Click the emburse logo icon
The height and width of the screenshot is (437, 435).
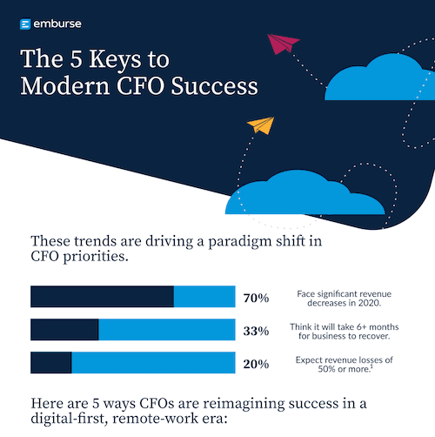pyautogui.click(x=25, y=25)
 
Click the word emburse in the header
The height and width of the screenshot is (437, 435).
pyautogui.click(x=57, y=25)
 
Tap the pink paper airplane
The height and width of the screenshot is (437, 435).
pyautogui.click(x=282, y=44)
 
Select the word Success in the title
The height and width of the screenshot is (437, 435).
pyautogui.click(x=215, y=86)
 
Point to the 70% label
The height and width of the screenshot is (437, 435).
pyautogui.click(x=256, y=298)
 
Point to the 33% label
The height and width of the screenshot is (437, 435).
pyautogui.click(x=256, y=331)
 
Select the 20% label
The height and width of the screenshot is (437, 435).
pyautogui.click(x=256, y=364)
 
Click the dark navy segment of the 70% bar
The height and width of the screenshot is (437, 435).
pyautogui.click(x=102, y=297)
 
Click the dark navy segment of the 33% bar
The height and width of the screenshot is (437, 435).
pyautogui.click(x=64, y=330)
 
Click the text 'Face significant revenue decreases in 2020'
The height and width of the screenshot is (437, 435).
pyautogui.click(x=345, y=297)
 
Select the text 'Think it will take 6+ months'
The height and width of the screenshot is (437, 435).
pyautogui.click(x=345, y=325)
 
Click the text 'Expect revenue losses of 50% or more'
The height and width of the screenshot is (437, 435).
pyautogui.click(x=345, y=363)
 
